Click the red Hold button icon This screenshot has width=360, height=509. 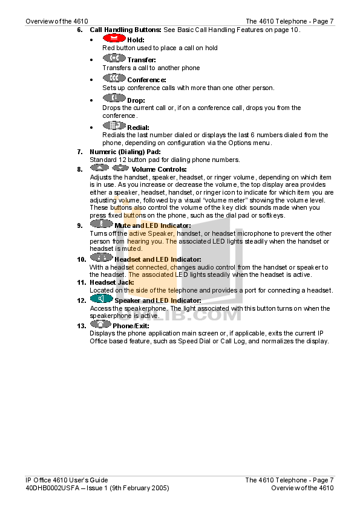pos(114,38)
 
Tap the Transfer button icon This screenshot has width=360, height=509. pos(114,58)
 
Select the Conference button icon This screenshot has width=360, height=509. pos(114,78)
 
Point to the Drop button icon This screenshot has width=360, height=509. pos(114,98)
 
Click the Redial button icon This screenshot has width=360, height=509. pos(114,125)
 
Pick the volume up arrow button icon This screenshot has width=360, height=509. pos(99,167)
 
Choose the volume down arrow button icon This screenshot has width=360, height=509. pos(120,167)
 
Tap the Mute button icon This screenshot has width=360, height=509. pos(102,223)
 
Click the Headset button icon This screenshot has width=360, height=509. pos(102,257)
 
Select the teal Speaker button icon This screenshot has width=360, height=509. pos(102,298)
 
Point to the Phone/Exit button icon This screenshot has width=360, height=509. pos(100,323)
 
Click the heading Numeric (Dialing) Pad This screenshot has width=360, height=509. pos(125,152)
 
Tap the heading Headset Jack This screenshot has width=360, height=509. pos(112,282)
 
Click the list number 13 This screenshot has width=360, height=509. pos(82,326)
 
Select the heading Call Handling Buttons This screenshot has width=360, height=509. pos(125,30)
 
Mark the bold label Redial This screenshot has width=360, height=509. pos(138,128)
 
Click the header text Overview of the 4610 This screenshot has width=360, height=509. pos(57,21)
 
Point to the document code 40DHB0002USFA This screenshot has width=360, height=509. pos(53,488)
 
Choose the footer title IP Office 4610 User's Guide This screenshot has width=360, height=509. pos(67,480)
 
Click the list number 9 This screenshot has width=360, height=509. pos(80,225)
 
